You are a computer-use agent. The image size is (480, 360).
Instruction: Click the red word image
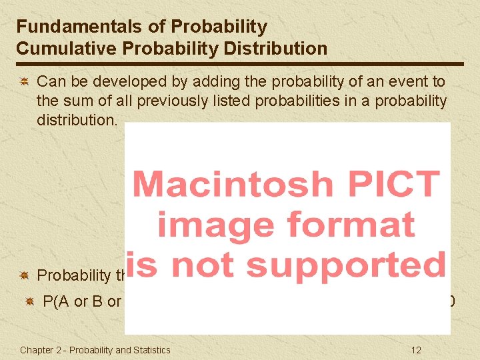coord(212,224)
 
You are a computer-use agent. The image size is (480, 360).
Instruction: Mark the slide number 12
coord(416,350)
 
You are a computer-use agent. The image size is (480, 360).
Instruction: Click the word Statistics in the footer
coord(149,350)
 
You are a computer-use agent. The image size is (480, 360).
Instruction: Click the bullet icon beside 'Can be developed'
coord(23,82)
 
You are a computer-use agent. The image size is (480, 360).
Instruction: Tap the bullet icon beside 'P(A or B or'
coord(30,302)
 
